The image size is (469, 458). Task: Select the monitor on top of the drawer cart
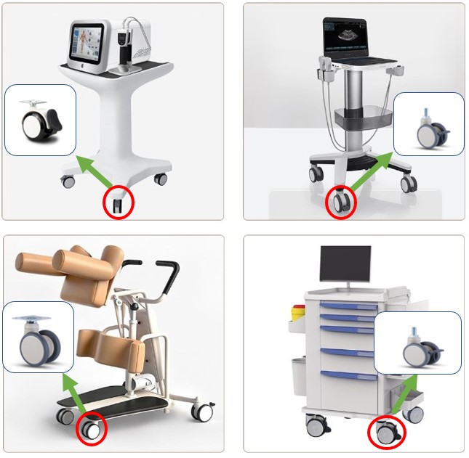click(345, 266)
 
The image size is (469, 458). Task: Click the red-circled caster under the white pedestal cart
click(119, 203)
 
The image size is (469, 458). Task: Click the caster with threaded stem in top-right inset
click(427, 131)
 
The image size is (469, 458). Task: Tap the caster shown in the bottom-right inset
click(419, 348)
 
